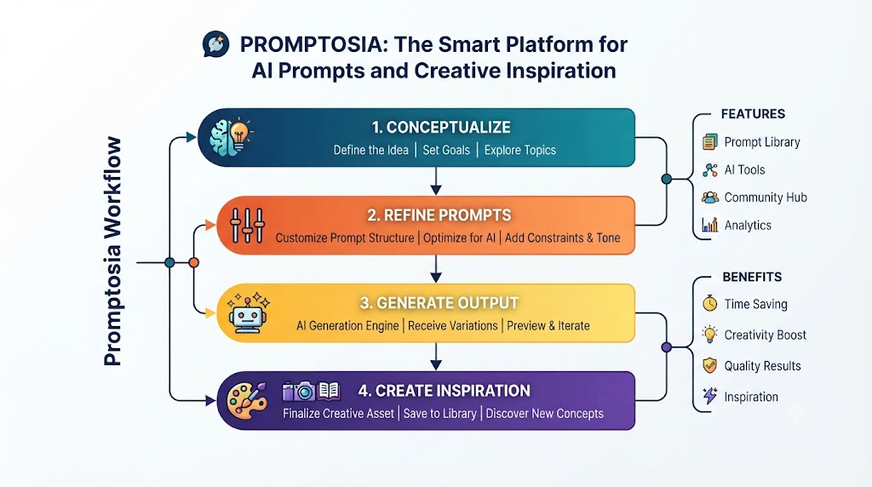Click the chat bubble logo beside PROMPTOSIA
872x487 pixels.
(x=215, y=44)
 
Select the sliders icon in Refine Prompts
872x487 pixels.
(x=248, y=225)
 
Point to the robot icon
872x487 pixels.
(x=248, y=313)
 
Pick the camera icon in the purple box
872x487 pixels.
(x=299, y=391)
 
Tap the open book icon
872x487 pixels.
(x=328, y=391)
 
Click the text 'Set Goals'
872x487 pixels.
(x=446, y=150)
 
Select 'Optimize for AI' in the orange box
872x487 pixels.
(x=459, y=238)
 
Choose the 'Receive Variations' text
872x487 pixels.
(x=453, y=326)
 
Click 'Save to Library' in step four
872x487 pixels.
(x=440, y=414)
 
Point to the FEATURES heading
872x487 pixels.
(x=753, y=114)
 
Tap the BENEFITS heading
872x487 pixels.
(x=752, y=277)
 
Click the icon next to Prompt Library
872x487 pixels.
(x=709, y=142)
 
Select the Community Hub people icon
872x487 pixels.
(x=709, y=198)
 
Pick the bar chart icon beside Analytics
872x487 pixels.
(x=709, y=225)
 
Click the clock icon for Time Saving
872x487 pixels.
(x=709, y=303)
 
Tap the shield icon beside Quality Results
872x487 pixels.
(x=709, y=365)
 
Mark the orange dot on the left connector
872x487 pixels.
(x=193, y=262)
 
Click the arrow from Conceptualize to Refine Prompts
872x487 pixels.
(x=436, y=180)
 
